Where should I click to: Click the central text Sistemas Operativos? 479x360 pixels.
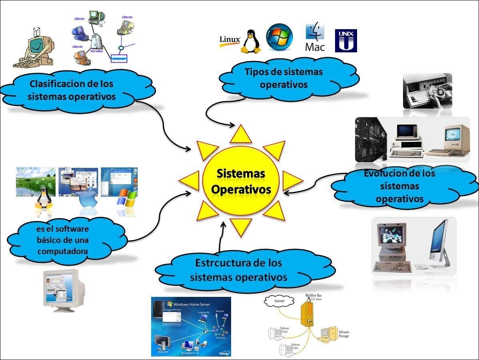[241, 181]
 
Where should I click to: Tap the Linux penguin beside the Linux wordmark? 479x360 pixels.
[251, 42]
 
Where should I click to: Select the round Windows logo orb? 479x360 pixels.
[279, 38]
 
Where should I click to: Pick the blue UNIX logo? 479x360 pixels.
[345, 40]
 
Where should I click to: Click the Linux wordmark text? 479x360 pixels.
[230, 40]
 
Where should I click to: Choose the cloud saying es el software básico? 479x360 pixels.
[66, 240]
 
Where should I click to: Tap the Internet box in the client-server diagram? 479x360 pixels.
[119, 58]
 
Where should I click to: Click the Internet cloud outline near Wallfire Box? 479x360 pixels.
[279, 301]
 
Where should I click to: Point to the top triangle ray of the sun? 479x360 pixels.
[241, 135]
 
